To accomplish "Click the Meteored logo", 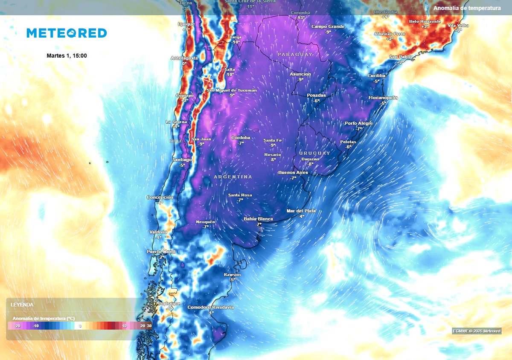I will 67,33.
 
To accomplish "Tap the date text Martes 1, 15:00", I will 67,55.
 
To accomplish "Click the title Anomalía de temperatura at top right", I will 467,8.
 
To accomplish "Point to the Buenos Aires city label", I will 293,172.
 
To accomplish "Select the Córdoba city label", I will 241,138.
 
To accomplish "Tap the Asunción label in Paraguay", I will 300,74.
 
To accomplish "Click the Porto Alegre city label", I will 359,123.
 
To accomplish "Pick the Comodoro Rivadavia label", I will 211,307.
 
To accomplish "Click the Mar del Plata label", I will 301,211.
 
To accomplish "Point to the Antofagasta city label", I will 184,58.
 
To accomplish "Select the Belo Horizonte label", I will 425,21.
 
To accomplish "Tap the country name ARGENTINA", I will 233,177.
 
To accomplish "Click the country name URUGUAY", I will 314,153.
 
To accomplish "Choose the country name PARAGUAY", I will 295,55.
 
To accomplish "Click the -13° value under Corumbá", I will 300,17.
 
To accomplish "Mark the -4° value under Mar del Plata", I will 301,216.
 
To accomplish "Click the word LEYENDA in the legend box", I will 22,305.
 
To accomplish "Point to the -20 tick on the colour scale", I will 17,326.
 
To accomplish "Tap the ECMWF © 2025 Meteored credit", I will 477,331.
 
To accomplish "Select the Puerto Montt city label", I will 161,252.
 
